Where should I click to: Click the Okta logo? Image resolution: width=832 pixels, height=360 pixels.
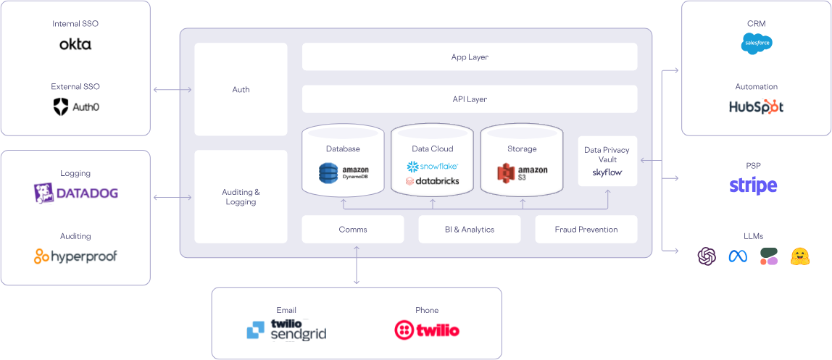tap(75, 44)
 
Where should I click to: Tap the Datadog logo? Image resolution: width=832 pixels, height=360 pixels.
tap(75, 193)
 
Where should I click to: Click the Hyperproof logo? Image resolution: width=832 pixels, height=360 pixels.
tap(75, 256)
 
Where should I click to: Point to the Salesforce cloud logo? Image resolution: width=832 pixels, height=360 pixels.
tap(757, 43)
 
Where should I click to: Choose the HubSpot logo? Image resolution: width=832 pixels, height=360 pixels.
tap(757, 106)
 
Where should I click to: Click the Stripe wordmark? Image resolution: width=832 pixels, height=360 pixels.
tap(753, 185)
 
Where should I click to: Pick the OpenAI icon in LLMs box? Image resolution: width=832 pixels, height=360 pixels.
tap(707, 256)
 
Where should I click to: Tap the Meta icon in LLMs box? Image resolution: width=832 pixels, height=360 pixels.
tap(738, 256)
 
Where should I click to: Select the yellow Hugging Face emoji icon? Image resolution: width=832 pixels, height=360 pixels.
tap(800, 256)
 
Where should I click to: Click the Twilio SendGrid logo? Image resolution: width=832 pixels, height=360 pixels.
tap(286, 330)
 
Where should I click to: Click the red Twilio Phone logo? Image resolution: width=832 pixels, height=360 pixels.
tap(427, 330)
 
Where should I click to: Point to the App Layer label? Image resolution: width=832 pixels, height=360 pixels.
tap(470, 56)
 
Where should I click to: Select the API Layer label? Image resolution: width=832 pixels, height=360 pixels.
tap(470, 99)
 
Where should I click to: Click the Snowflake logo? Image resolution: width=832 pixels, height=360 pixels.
tap(433, 166)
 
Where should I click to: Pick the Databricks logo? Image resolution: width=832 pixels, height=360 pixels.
tap(433, 180)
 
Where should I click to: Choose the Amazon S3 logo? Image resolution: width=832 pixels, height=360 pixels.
tap(522, 172)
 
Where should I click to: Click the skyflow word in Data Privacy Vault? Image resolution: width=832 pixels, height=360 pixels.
tap(607, 172)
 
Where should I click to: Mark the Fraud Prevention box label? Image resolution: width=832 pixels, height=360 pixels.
tap(586, 230)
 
